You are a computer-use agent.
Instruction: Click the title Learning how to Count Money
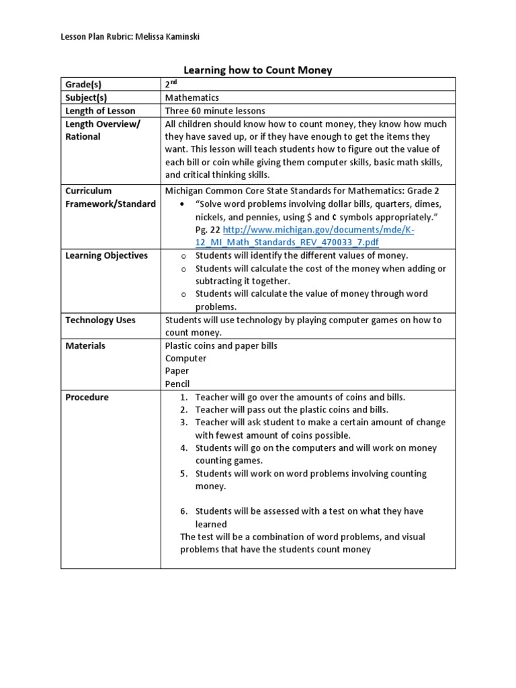click(x=258, y=70)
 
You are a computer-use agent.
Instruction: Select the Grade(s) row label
click(x=87, y=85)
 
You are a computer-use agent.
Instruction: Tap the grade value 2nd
click(x=172, y=85)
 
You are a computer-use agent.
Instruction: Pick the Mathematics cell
click(x=192, y=97)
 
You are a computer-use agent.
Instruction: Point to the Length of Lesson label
click(x=100, y=111)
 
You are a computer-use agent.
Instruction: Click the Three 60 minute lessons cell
click(x=215, y=111)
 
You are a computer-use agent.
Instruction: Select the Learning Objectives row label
click(x=106, y=255)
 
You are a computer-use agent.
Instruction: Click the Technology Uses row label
click(x=100, y=320)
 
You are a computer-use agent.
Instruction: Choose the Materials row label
click(x=85, y=345)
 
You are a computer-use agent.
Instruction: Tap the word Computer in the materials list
click(x=186, y=358)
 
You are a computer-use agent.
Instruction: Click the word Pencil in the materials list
click(x=177, y=384)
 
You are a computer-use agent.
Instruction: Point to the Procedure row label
click(x=87, y=397)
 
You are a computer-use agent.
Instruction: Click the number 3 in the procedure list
click(x=183, y=423)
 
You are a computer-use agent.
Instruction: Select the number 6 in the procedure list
click(x=183, y=511)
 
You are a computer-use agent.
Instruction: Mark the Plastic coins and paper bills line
click(x=221, y=345)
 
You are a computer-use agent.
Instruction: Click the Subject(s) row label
click(x=86, y=97)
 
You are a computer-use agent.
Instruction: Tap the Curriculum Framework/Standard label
click(x=110, y=198)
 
